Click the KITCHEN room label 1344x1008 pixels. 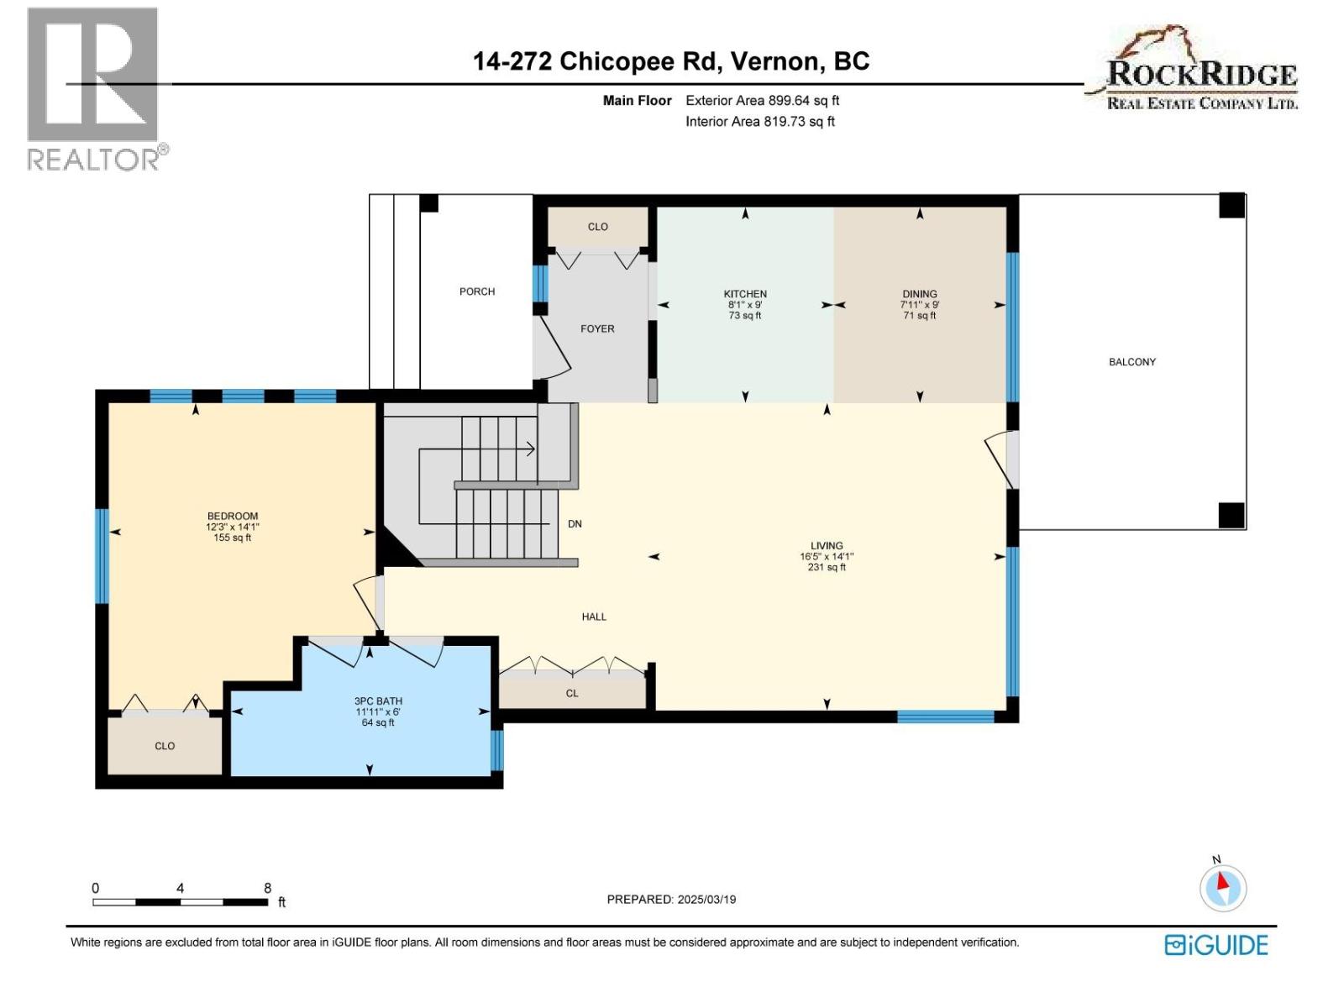pyautogui.click(x=745, y=294)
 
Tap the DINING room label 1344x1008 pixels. pyautogui.click(x=920, y=294)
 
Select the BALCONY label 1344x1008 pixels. pyautogui.click(x=1131, y=362)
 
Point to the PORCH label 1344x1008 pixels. pyautogui.click(x=477, y=291)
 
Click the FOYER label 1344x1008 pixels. pyautogui.click(x=597, y=328)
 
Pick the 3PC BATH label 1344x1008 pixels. pyautogui.click(x=378, y=701)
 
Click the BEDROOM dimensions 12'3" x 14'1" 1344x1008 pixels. pyautogui.click(x=233, y=527)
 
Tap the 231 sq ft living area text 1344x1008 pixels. pyautogui.click(x=827, y=567)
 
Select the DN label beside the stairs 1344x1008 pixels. pyautogui.click(x=575, y=523)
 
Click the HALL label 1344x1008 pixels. pyautogui.click(x=594, y=617)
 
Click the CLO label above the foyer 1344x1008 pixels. pyautogui.click(x=597, y=227)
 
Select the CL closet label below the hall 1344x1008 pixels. pyautogui.click(x=572, y=693)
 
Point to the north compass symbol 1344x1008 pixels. pyautogui.click(x=1222, y=887)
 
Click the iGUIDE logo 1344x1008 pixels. pyautogui.click(x=1215, y=945)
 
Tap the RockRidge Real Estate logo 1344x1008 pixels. pyautogui.click(x=1193, y=71)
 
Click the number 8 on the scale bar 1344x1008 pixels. pyautogui.click(x=267, y=888)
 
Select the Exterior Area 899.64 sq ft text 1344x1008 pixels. pyautogui.click(x=762, y=100)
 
